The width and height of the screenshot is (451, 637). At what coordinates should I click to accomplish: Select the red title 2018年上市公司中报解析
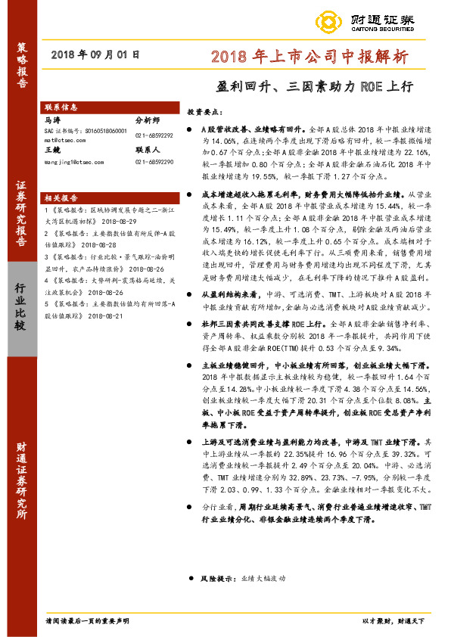point(309,55)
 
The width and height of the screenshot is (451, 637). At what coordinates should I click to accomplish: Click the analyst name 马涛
point(53,120)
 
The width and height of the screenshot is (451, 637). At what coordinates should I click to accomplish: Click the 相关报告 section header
point(61,195)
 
